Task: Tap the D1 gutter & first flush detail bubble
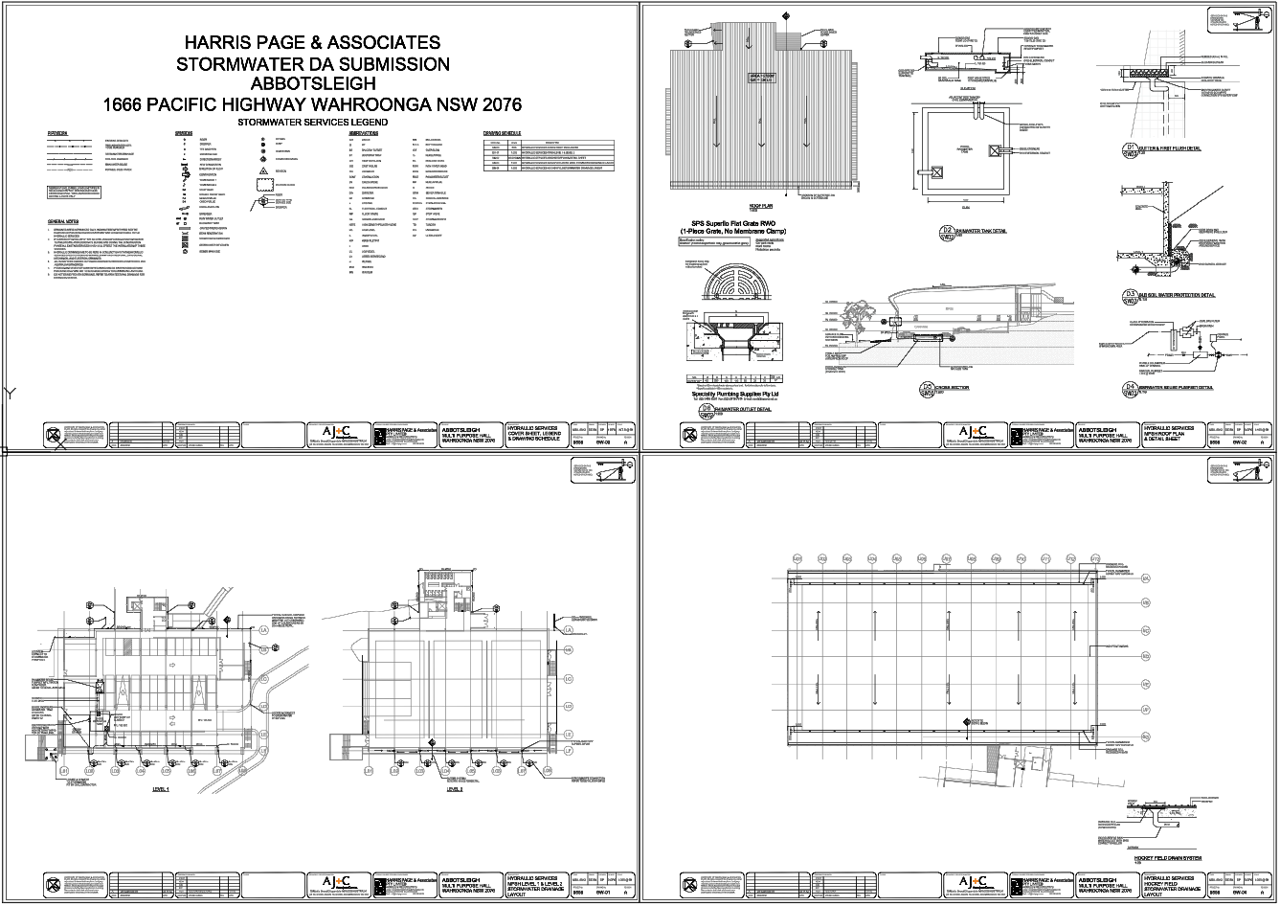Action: click(1131, 148)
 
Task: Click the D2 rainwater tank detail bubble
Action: click(947, 231)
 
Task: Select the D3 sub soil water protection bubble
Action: click(1131, 294)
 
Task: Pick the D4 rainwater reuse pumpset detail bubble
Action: click(1131, 388)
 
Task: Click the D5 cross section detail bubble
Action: click(927, 389)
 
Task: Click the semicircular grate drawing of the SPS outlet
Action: click(736, 285)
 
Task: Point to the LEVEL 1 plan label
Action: click(160, 790)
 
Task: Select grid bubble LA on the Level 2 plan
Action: click(567, 630)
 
